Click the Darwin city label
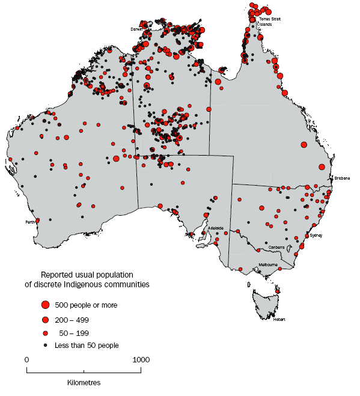137,28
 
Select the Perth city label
29,222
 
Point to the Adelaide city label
215,228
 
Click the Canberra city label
276,247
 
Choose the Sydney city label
316,236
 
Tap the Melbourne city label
267,264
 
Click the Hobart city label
278,319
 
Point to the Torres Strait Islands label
269,22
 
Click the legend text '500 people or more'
86,305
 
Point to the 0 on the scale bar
26,359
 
